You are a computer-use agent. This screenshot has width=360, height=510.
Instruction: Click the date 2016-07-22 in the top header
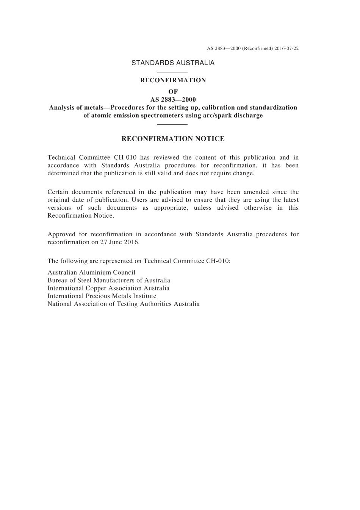point(286,49)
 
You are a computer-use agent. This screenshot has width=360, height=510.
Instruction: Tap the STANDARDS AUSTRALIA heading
point(173,63)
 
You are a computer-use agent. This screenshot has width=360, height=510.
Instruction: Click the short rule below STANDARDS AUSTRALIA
point(172,72)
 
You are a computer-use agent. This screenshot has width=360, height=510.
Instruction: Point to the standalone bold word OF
point(173,91)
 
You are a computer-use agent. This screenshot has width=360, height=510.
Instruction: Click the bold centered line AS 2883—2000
point(173,99)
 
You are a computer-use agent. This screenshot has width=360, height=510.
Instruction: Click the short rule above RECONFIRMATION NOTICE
point(172,124)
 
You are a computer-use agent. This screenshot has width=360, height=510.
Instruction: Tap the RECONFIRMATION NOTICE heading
point(173,139)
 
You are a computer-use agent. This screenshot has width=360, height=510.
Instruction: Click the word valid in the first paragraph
point(180,173)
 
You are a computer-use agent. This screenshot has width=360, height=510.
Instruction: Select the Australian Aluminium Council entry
point(91,272)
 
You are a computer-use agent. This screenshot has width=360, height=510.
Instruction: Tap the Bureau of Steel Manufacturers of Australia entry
point(109,280)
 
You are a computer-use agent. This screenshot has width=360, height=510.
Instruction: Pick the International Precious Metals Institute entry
point(102,296)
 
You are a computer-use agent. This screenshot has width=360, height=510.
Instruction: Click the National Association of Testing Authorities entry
point(123,304)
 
